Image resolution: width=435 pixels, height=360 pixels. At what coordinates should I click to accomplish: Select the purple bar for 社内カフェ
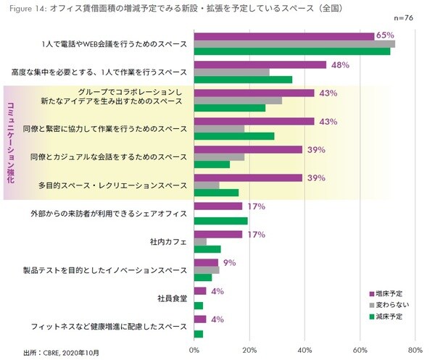(x=218, y=234)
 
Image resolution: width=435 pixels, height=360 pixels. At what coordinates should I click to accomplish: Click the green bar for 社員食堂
(x=199, y=306)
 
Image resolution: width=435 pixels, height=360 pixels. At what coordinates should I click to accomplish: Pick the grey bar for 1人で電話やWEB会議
(x=294, y=43)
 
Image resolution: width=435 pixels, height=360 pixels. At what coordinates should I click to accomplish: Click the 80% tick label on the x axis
(x=415, y=350)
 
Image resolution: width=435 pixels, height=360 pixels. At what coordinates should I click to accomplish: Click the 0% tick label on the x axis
(x=194, y=350)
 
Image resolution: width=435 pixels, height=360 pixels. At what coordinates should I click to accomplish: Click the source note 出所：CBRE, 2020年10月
(x=61, y=352)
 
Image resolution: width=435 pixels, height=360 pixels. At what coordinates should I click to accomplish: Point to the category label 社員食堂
(x=172, y=298)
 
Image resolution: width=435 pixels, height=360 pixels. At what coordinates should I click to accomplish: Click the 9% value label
(x=230, y=262)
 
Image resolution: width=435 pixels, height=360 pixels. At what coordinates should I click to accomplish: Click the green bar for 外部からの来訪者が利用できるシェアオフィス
(x=221, y=221)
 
